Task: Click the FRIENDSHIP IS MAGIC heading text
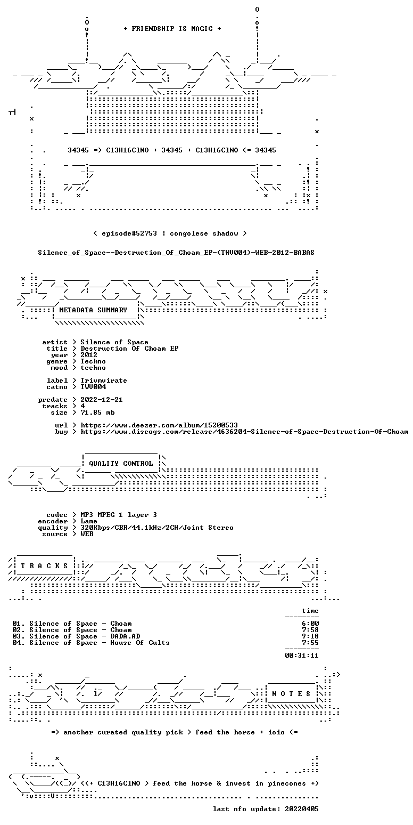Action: (x=172, y=29)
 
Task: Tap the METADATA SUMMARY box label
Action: (x=93, y=310)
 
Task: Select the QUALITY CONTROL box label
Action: (x=121, y=464)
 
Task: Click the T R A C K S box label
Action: (x=44, y=565)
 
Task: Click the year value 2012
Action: (x=89, y=355)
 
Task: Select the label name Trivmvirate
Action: (x=104, y=381)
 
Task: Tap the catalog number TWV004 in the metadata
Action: (x=94, y=387)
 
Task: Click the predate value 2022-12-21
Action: (x=102, y=400)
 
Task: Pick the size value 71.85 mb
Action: (x=97, y=412)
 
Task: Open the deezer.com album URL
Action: (x=159, y=425)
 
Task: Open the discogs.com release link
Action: (x=245, y=432)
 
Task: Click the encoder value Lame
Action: (x=89, y=521)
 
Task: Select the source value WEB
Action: (x=87, y=534)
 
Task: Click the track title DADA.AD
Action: (x=125, y=636)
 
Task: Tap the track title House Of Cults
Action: (x=140, y=643)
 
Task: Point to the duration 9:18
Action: (x=310, y=636)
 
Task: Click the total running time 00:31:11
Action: (x=302, y=655)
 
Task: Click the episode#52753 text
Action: (x=129, y=233)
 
